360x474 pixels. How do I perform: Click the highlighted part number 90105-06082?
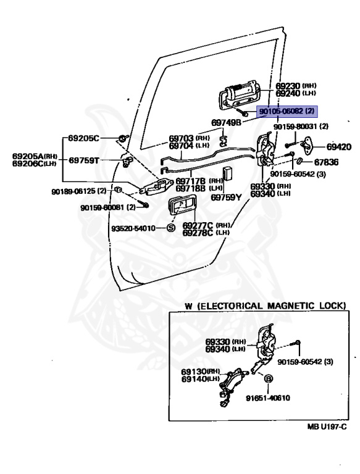[x=282, y=111]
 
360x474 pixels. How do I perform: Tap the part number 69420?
[x=338, y=147]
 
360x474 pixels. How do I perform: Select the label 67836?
[x=326, y=162]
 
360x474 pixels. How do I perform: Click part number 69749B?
[x=226, y=122]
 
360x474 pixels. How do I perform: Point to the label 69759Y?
[x=226, y=197]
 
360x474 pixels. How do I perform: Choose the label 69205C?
[x=83, y=138]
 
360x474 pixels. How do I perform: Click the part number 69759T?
[x=84, y=160]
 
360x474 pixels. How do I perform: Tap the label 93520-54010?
[x=133, y=228]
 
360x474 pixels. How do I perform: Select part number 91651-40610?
[x=268, y=398]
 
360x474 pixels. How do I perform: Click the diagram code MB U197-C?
[x=327, y=426]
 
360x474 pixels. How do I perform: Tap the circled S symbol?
[x=171, y=228]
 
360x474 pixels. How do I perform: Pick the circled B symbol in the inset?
[x=268, y=378]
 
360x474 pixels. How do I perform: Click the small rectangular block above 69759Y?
[x=227, y=173]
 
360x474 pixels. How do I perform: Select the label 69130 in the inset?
[x=194, y=372]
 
